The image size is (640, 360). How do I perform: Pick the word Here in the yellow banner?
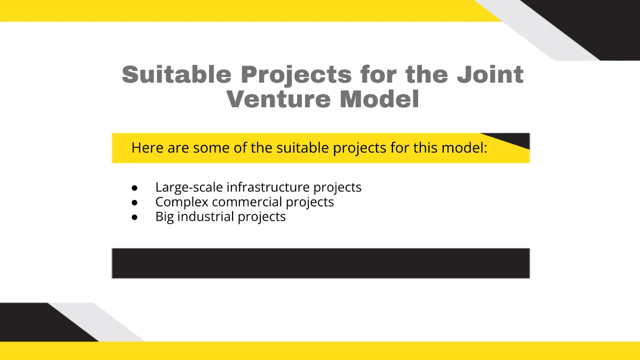[x=147, y=148]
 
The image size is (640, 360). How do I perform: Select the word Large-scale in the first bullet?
[x=189, y=188]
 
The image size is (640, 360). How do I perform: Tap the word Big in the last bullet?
[x=165, y=217]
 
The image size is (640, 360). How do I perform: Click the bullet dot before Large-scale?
[x=134, y=188]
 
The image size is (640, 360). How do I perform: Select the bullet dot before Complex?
[x=134, y=203]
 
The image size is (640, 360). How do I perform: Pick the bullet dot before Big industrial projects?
[x=134, y=218]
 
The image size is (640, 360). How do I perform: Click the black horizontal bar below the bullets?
[x=321, y=263]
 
